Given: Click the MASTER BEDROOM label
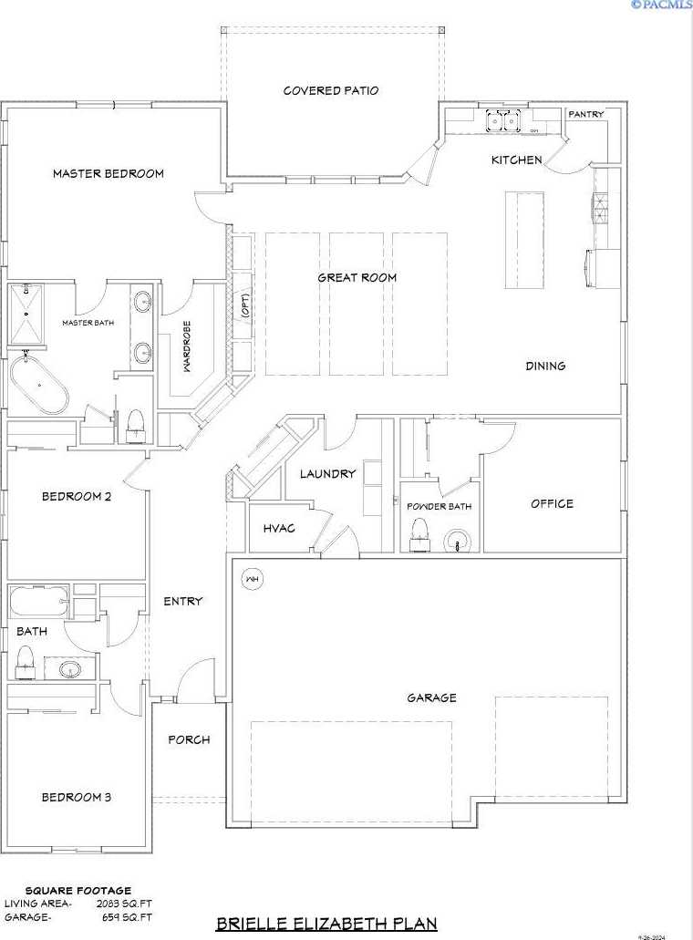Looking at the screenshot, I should [108, 173].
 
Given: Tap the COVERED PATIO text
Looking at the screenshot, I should [330, 90].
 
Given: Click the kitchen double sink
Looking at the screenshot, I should [501, 119].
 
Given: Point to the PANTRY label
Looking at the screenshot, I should [585, 115].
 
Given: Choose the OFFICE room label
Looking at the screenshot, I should [552, 503].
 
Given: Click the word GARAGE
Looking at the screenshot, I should [431, 697].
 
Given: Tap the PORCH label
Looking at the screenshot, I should [189, 739].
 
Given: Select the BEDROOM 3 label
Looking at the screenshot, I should [77, 797].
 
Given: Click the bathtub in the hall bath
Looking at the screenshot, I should [38, 602].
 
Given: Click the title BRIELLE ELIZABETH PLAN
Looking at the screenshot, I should [326, 924].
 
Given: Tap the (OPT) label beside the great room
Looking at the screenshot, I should [244, 306].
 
